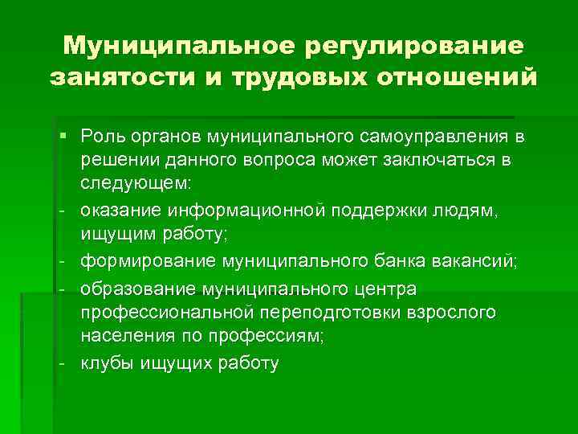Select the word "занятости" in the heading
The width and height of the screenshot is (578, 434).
coord(107,78)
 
